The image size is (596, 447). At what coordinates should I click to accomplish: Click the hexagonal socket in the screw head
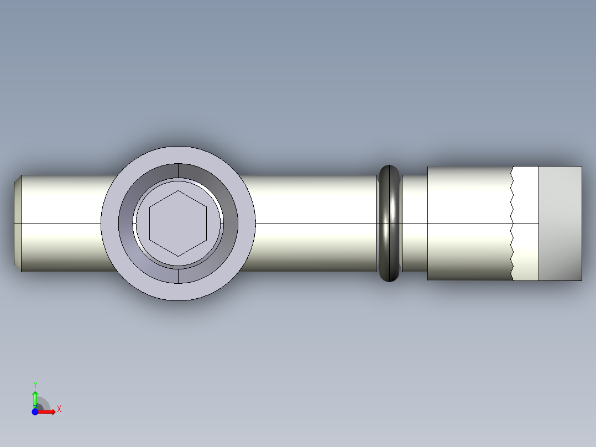coord(178,224)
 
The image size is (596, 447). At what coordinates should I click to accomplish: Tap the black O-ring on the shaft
coord(389,223)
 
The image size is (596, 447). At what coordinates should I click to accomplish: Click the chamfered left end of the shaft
coord(17,223)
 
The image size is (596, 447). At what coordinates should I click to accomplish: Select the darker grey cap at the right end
coord(560,223)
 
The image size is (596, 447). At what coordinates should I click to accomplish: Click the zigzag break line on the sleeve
coord(511,223)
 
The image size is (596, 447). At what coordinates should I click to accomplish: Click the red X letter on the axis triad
coord(59,409)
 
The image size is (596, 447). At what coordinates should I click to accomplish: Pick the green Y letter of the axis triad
coord(35,384)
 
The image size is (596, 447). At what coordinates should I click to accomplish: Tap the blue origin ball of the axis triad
coord(35,412)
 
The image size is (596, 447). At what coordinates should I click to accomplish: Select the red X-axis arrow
coord(48,412)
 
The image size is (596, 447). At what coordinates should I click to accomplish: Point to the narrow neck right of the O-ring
coord(414,223)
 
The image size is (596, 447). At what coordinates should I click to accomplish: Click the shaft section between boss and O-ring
coord(315,223)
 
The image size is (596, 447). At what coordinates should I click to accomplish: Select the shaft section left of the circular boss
coord(61,223)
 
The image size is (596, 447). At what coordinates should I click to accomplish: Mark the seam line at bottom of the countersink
coord(178,276)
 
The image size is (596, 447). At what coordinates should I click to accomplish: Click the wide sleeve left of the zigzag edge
coord(468,223)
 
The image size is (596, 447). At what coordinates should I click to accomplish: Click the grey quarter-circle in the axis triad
coord(43,404)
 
